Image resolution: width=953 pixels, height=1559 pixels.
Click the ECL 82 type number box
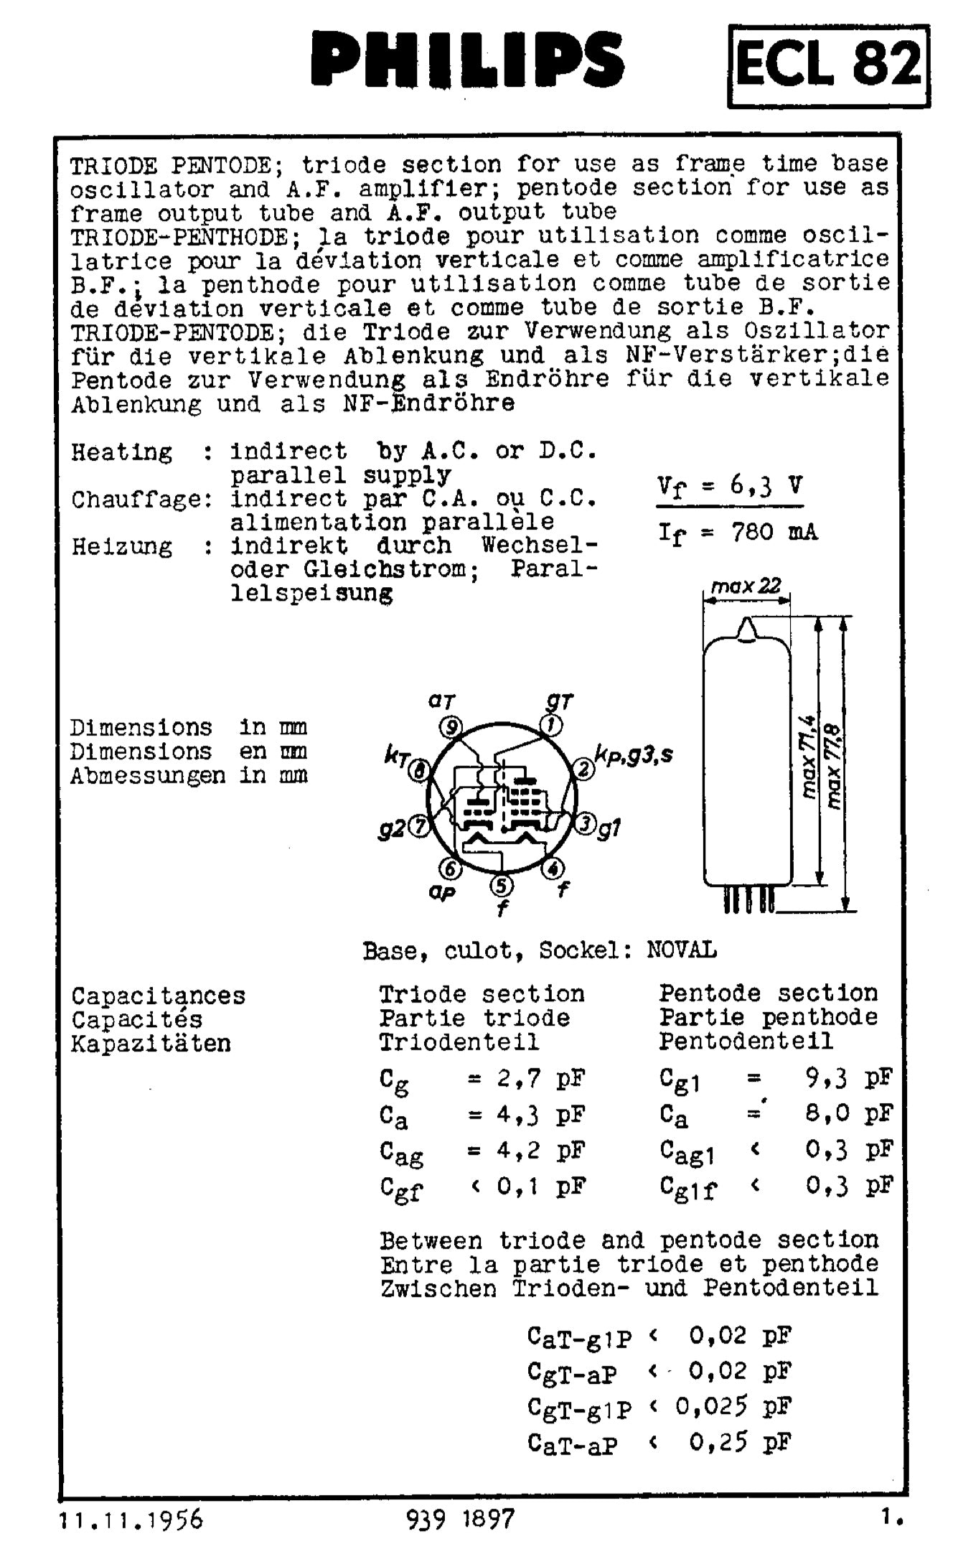[828, 65]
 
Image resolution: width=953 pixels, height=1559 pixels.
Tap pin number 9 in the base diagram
[451, 727]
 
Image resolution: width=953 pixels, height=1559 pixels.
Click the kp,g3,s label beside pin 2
[633, 754]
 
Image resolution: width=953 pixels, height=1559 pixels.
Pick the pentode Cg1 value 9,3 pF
[849, 1077]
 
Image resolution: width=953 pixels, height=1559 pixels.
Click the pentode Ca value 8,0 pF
[849, 1113]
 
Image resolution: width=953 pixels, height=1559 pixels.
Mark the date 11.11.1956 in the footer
[131, 1519]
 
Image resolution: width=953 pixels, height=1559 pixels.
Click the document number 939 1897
[461, 1519]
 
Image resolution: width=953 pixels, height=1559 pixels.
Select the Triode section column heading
[482, 994]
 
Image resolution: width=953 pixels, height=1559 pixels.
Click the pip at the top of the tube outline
[747, 629]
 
